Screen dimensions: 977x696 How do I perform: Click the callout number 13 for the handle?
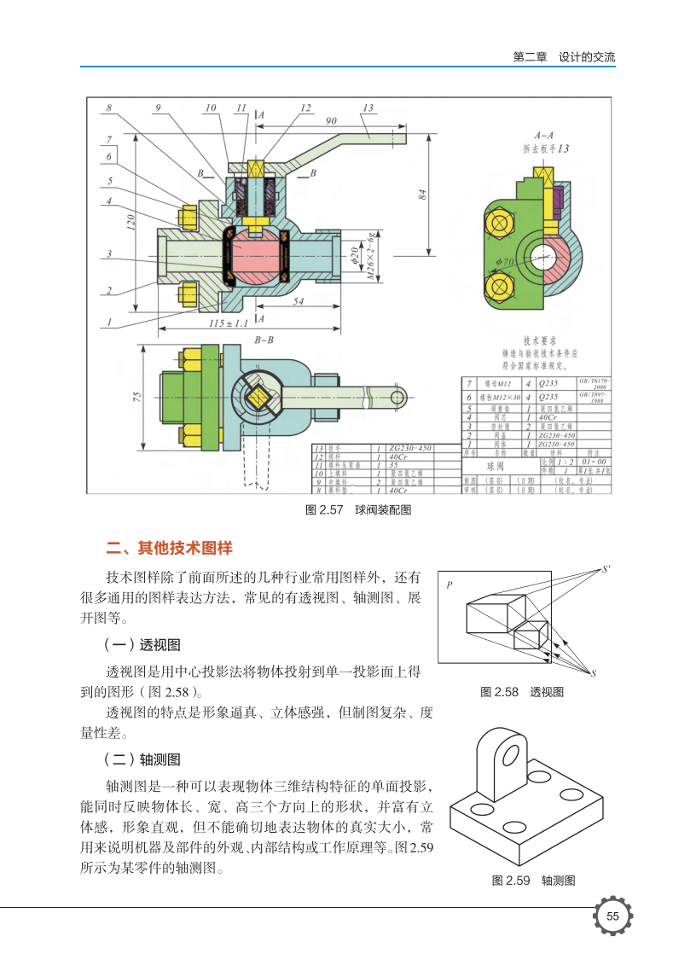coord(368,108)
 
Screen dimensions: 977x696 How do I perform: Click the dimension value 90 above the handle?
coord(331,120)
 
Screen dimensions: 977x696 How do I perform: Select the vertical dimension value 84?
coord(421,194)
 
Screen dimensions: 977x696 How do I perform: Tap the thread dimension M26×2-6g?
coord(371,255)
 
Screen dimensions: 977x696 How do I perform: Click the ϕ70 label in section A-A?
coord(505,261)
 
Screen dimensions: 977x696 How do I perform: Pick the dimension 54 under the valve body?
coord(299,301)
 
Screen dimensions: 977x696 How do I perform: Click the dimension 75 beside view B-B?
coord(137,396)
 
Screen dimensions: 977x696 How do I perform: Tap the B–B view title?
coord(264,339)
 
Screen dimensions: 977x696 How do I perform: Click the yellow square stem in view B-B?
coord(260,395)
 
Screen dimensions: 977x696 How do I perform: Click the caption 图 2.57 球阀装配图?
coord(347,510)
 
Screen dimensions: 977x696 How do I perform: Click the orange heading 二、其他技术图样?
coord(169,547)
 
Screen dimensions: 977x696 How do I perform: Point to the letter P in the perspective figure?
coord(449,586)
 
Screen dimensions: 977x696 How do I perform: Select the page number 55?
coord(612,916)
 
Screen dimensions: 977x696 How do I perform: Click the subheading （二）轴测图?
coord(142,759)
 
